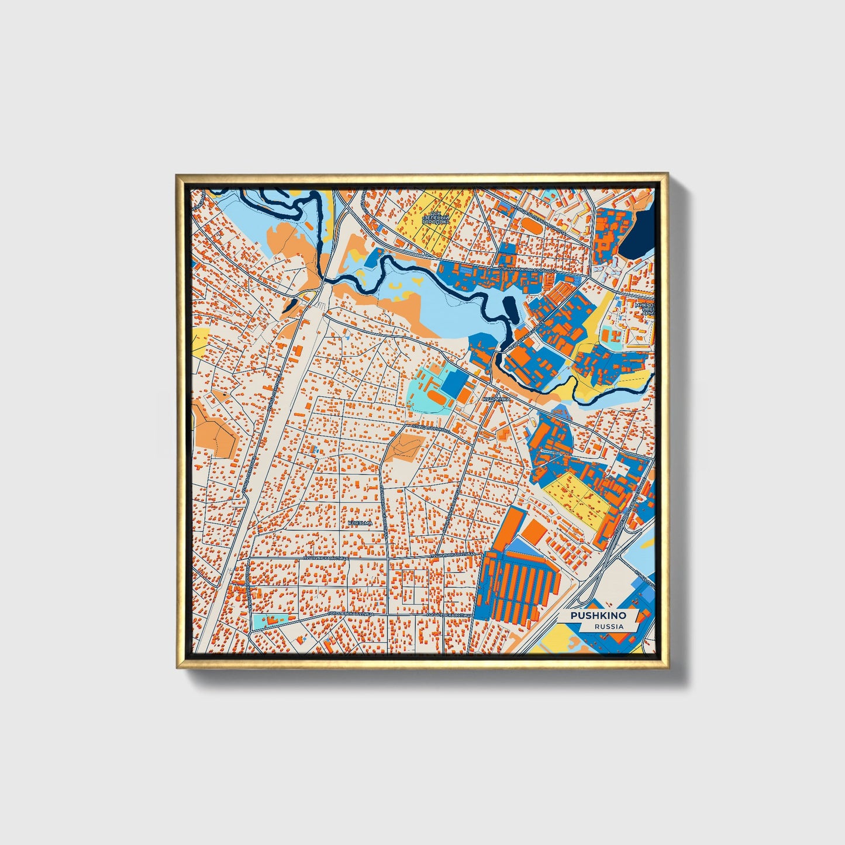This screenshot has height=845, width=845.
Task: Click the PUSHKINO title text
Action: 598,616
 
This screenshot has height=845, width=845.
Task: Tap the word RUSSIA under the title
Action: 609,626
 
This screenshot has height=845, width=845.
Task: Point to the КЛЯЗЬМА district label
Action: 360,523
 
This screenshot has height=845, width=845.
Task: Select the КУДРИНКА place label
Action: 496,399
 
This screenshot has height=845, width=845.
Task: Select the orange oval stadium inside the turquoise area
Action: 436,396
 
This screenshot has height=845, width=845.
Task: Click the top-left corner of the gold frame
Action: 177,174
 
